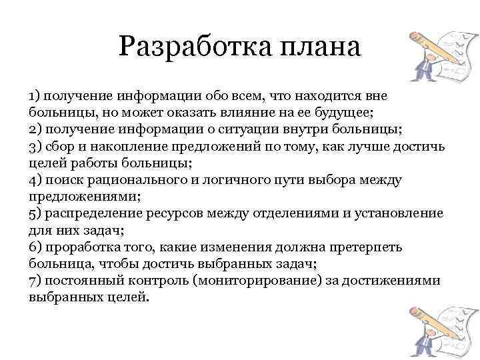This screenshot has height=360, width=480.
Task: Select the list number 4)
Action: (35, 180)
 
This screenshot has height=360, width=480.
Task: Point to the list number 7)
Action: (35, 281)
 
